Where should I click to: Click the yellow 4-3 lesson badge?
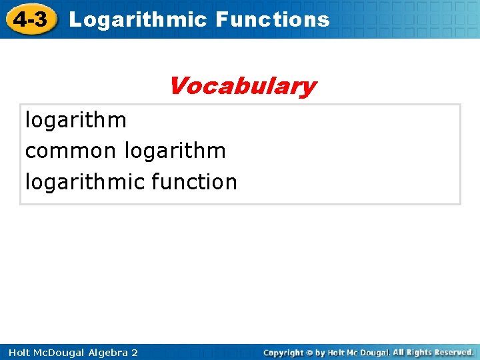pos(29,19)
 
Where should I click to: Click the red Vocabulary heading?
pos(241,86)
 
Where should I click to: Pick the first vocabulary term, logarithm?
pos(75,120)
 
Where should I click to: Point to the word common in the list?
pos(70,151)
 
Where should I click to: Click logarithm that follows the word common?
pos(175,151)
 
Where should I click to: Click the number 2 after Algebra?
pos(135,352)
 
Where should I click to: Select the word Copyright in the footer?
pos(284,352)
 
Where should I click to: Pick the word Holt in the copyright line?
pos(336,352)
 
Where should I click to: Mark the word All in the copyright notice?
pos(398,352)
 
